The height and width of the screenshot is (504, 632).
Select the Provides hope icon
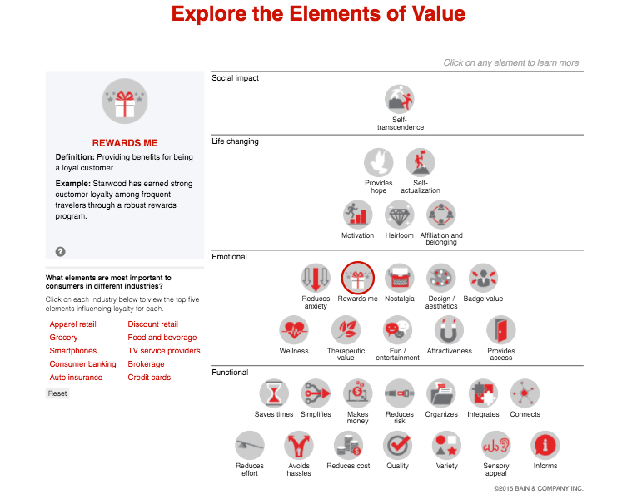pyautogui.click(x=379, y=163)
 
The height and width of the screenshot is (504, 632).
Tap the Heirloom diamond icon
pyautogui.click(x=400, y=215)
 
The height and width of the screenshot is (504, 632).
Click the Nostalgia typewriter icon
pyautogui.click(x=400, y=279)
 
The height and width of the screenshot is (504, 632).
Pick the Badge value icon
pyautogui.click(x=483, y=279)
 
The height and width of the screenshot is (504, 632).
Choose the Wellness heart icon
pyautogui.click(x=294, y=330)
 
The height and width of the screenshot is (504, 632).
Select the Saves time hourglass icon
pyautogui.click(x=274, y=393)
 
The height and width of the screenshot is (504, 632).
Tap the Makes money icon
pyautogui.click(x=358, y=393)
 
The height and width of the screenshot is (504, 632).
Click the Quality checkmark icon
pyautogui.click(x=398, y=445)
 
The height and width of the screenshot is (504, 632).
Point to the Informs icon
pyautogui.click(x=545, y=445)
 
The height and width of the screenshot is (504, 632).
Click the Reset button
pyautogui.click(x=57, y=393)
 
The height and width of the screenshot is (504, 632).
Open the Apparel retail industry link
pyautogui.click(x=73, y=324)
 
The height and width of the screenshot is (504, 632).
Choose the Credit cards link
pyautogui.click(x=149, y=378)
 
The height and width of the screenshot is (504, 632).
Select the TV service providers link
pyautogui.click(x=164, y=351)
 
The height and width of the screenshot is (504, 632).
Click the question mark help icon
pyautogui.click(x=61, y=251)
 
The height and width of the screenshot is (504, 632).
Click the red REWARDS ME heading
pyautogui.click(x=125, y=143)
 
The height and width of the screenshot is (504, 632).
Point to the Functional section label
pyautogui.click(x=231, y=373)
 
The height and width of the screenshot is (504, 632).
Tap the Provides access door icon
pyautogui.click(x=501, y=330)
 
